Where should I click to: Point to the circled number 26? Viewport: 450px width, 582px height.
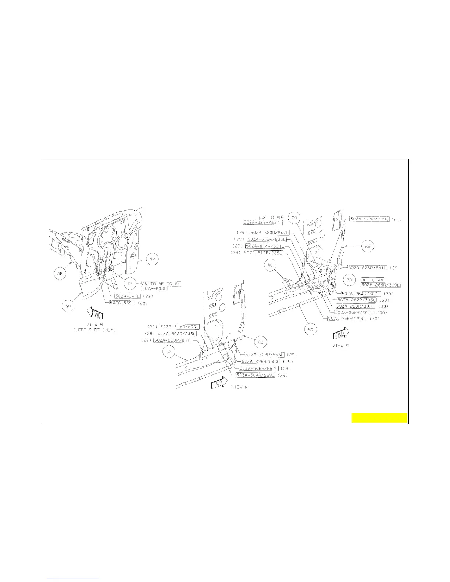[130, 283]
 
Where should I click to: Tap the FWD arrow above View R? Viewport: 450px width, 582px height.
[94, 314]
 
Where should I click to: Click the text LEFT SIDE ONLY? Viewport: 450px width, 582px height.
[94, 330]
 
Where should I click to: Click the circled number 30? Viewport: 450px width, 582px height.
[349, 280]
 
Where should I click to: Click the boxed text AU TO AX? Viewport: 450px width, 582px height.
[372, 280]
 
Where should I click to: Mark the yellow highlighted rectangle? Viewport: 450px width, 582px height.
[379, 418]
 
